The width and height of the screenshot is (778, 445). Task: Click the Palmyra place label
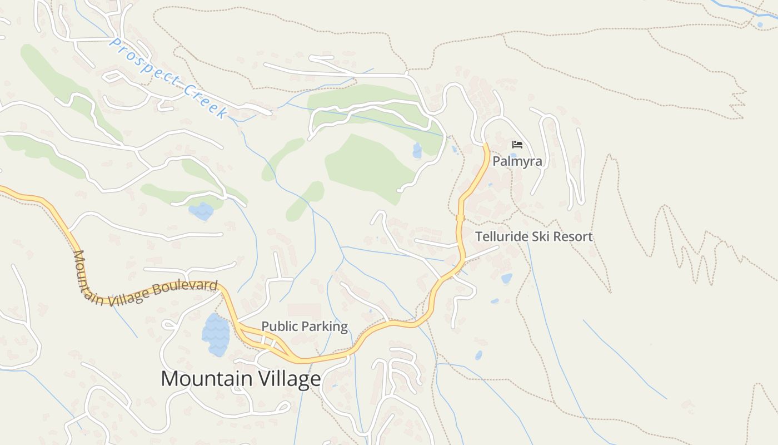pos(517,161)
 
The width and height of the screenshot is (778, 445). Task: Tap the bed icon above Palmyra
pos(517,145)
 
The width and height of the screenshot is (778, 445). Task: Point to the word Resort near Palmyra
pos(572,236)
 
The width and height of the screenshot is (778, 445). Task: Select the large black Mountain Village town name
pos(241,379)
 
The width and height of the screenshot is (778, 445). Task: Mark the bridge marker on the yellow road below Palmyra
pos(460,218)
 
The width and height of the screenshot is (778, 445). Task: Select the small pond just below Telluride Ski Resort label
pos(506,278)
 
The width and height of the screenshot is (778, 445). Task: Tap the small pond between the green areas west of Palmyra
pos(417,150)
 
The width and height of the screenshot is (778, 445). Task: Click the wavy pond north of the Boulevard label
pos(201,211)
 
